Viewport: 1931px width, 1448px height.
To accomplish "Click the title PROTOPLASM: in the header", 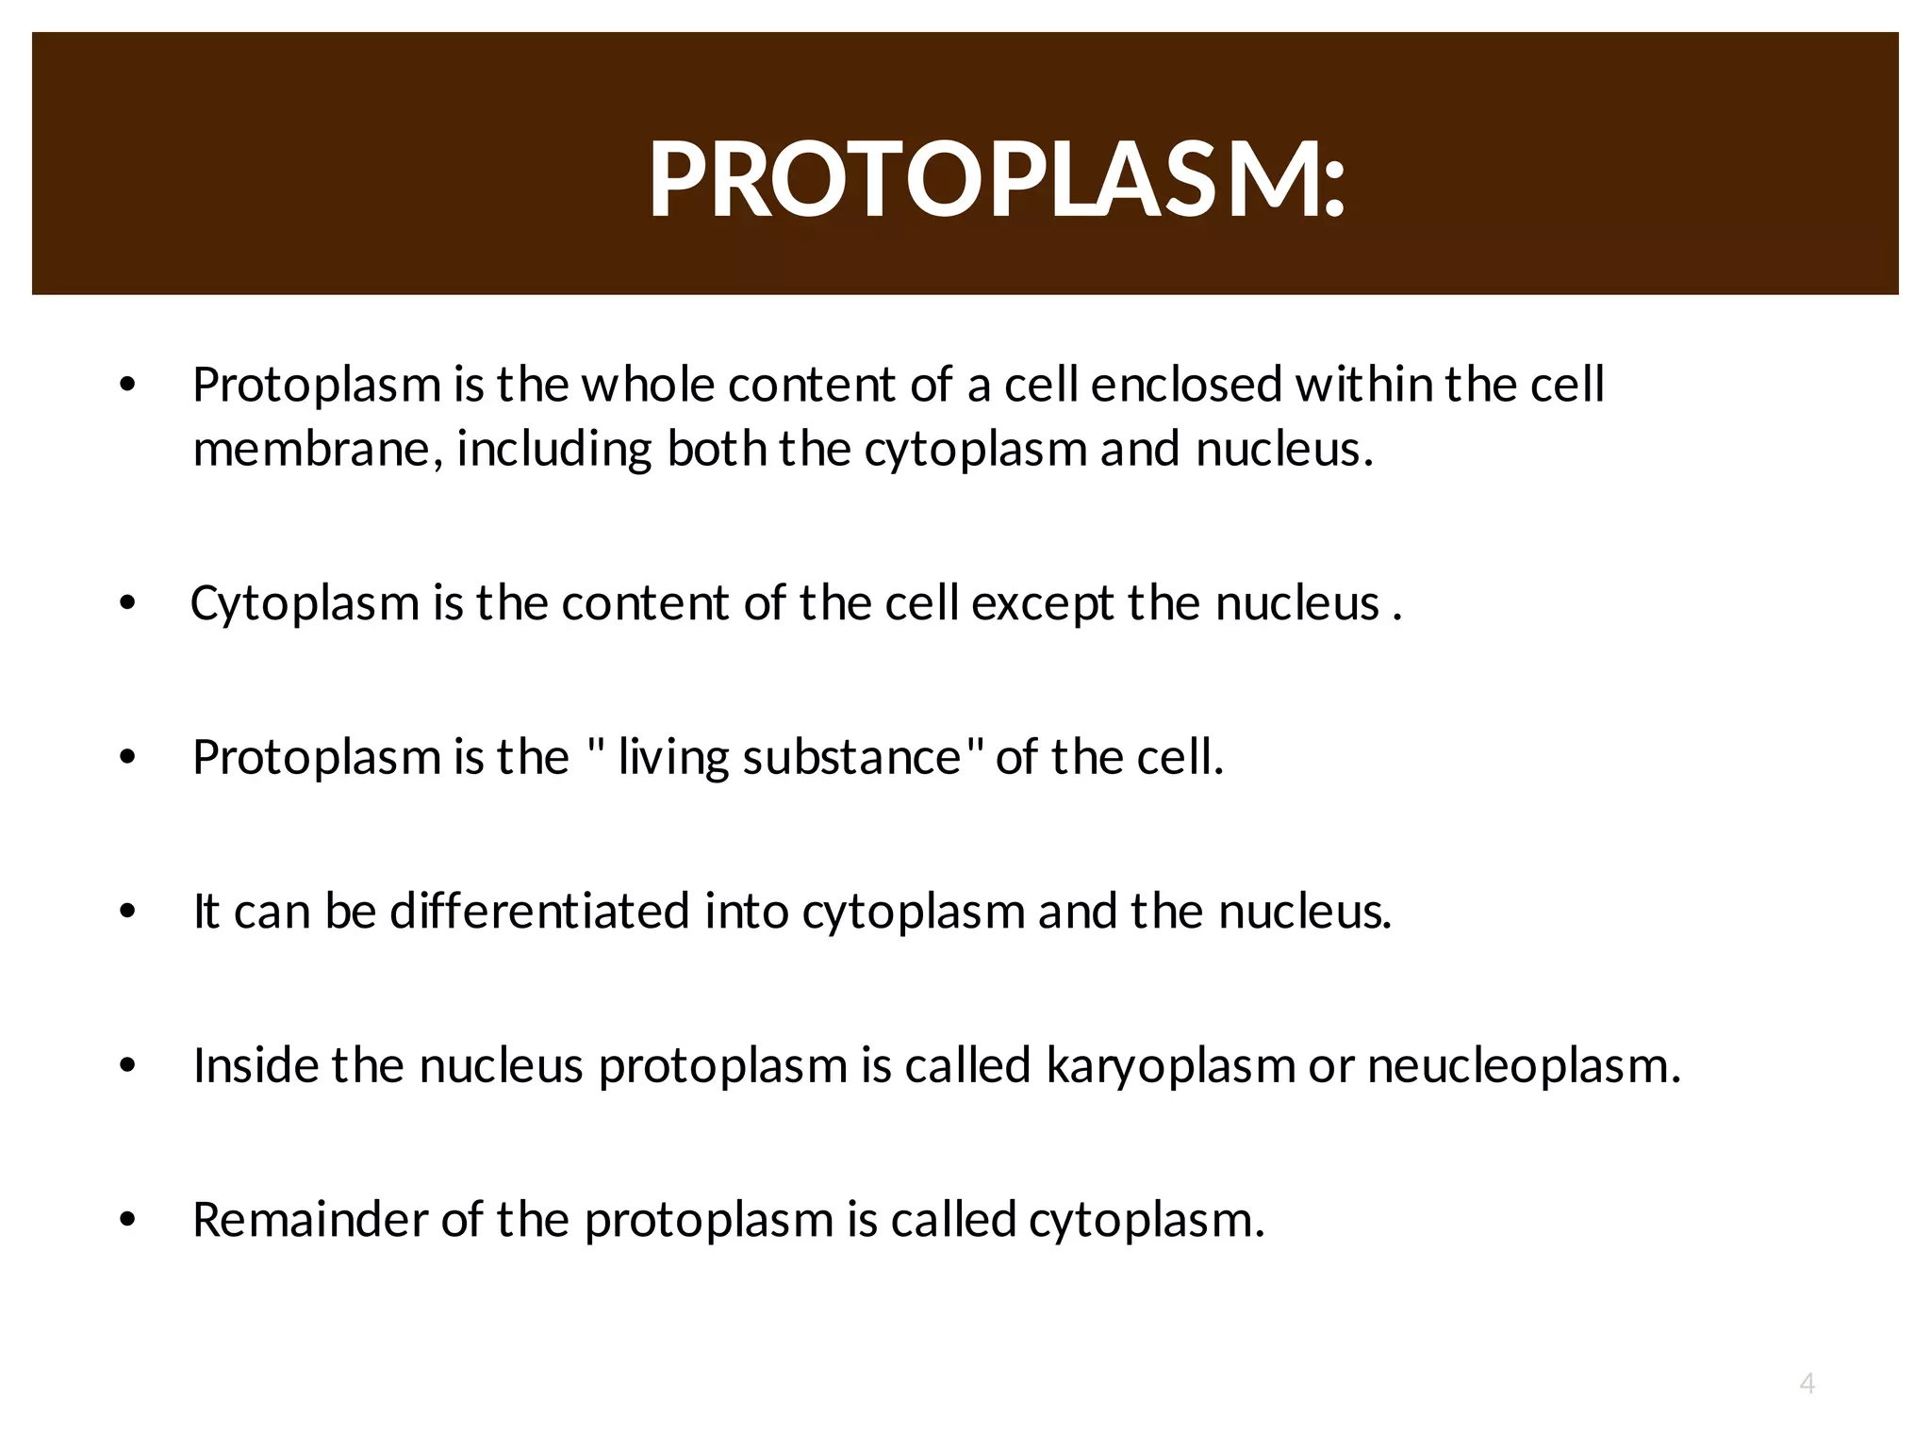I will (997, 179).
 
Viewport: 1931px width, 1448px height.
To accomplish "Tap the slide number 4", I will (1807, 1383).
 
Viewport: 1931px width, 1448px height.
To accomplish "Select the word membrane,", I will (318, 449).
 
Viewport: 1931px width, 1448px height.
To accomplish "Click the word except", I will (1042, 603).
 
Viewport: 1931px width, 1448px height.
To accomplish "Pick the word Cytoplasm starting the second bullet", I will (305, 603).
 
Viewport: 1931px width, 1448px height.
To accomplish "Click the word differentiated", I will (540, 912).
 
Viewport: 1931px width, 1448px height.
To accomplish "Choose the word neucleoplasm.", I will (1524, 1066).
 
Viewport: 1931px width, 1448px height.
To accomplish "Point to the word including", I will (554, 449).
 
